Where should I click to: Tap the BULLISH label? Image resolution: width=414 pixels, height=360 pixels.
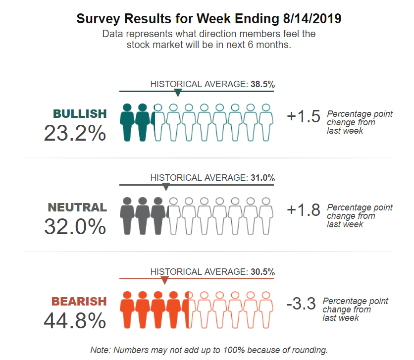coord(80,113)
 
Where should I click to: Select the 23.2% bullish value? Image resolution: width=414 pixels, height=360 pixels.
coord(75,133)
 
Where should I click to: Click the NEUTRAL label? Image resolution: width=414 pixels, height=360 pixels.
coord(77,207)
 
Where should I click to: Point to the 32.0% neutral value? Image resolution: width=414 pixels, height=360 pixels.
coord(75,226)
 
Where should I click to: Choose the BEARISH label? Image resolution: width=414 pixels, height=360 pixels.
coord(79,301)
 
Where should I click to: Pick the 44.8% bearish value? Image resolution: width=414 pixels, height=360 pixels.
coord(75,320)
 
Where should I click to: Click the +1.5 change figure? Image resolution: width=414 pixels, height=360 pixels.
coord(304,116)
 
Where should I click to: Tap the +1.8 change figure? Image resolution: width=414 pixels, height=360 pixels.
coord(304,210)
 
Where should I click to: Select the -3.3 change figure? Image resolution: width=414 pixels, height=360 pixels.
coord(301,304)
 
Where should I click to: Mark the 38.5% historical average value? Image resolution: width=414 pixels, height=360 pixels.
coord(262,84)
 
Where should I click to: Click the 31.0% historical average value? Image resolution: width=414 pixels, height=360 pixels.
coord(262,178)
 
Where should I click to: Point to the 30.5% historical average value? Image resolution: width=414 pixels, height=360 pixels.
coord(262,271)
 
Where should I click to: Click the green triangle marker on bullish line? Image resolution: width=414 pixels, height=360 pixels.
coord(178,93)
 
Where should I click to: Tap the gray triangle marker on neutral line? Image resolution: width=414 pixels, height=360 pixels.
coord(166,187)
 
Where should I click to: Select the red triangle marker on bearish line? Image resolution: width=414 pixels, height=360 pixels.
coord(164,280)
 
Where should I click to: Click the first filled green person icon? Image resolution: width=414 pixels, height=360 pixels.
coord(127,121)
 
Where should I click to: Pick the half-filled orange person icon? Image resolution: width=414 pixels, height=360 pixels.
coord(189,309)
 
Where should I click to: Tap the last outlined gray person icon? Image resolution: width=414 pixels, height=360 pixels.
coord(266,215)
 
